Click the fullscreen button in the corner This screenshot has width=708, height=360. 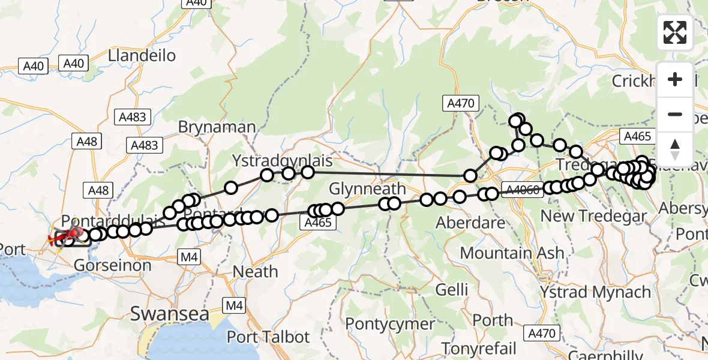tap(675, 32)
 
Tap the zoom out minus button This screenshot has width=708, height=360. tap(675, 114)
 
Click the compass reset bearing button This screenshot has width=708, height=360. tap(675, 149)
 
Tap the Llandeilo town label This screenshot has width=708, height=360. tap(142, 56)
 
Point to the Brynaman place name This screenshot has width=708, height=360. tap(217, 127)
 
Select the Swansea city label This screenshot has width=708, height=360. tap(169, 314)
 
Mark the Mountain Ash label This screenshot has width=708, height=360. tap(512, 253)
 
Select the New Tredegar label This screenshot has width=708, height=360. tap(594, 215)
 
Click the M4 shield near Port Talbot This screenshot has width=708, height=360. tap(234, 306)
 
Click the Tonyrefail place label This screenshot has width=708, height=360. tap(479, 348)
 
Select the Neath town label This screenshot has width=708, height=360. tap(255, 271)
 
